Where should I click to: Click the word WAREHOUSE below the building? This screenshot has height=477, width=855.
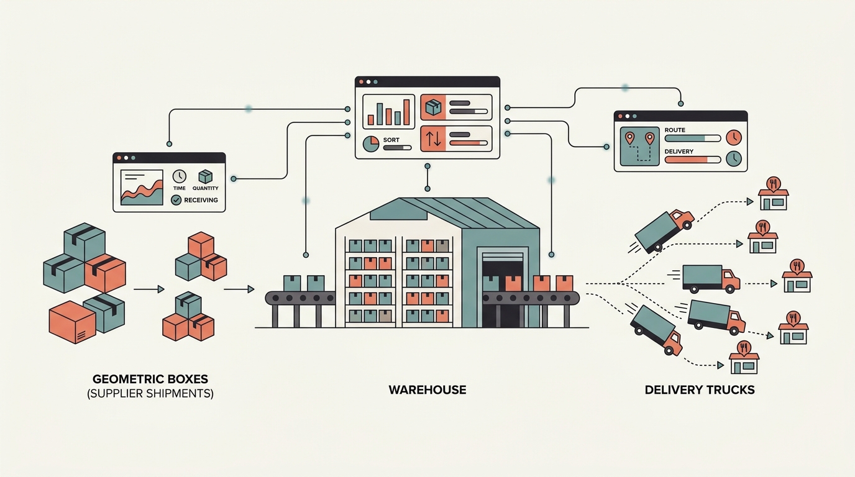(x=427, y=390)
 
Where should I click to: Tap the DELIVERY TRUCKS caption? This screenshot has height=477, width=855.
(x=700, y=390)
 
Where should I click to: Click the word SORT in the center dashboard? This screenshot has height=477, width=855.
(x=391, y=140)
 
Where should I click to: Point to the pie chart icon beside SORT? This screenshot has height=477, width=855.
(x=371, y=143)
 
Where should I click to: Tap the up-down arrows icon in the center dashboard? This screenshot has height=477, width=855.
(x=434, y=139)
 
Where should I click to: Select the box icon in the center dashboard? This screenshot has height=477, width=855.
(x=434, y=107)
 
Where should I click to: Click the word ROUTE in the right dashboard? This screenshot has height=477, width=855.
(x=675, y=130)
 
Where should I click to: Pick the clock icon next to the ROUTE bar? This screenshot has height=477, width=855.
(x=733, y=137)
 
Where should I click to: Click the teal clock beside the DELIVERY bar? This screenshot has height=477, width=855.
(x=733, y=158)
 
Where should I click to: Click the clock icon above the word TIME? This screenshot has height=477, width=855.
(x=180, y=177)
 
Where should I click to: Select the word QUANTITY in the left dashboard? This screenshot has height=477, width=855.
(x=206, y=188)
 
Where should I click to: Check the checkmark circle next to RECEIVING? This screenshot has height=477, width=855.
(x=176, y=200)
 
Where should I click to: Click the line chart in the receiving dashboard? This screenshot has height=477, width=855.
(x=142, y=187)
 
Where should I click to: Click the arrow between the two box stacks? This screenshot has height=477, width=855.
(x=149, y=289)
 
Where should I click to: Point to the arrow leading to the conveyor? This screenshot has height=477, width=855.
(x=239, y=289)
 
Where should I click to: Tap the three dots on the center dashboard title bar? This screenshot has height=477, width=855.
(x=368, y=82)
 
